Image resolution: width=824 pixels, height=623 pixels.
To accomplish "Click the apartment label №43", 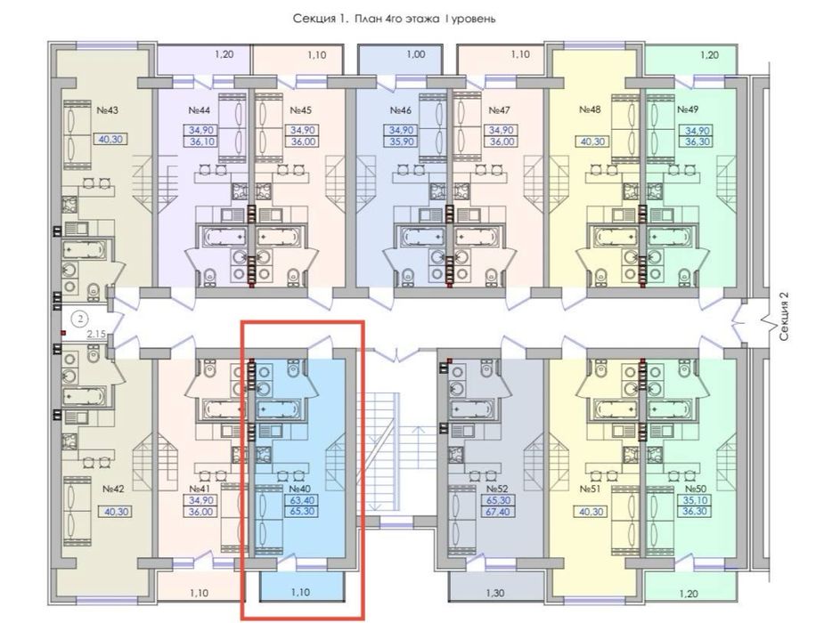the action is pyautogui.click(x=108, y=111).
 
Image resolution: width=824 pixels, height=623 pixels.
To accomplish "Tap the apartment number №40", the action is pyautogui.click(x=300, y=489).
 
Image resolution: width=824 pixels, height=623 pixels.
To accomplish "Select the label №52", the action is pyautogui.click(x=497, y=489).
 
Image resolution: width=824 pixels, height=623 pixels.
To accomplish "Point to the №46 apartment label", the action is pyautogui.click(x=400, y=111).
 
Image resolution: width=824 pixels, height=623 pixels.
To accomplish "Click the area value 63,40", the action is pyautogui.click(x=300, y=501).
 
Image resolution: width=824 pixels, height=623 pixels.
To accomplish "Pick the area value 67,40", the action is pyautogui.click(x=497, y=514).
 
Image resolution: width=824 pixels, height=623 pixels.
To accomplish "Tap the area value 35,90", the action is pyautogui.click(x=400, y=140).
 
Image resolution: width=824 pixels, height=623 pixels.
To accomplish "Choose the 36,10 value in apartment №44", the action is pyautogui.click(x=199, y=140).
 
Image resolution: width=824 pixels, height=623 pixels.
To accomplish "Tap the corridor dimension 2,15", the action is pyautogui.click(x=96, y=335).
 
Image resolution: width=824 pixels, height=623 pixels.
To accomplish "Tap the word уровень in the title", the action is pyautogui.click(x=485, y=17).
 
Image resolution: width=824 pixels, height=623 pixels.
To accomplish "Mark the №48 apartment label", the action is pyautogui.click(x=589, y=111).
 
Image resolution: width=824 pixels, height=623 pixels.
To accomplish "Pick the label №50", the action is pyautogui.click(x=697, y=489).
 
